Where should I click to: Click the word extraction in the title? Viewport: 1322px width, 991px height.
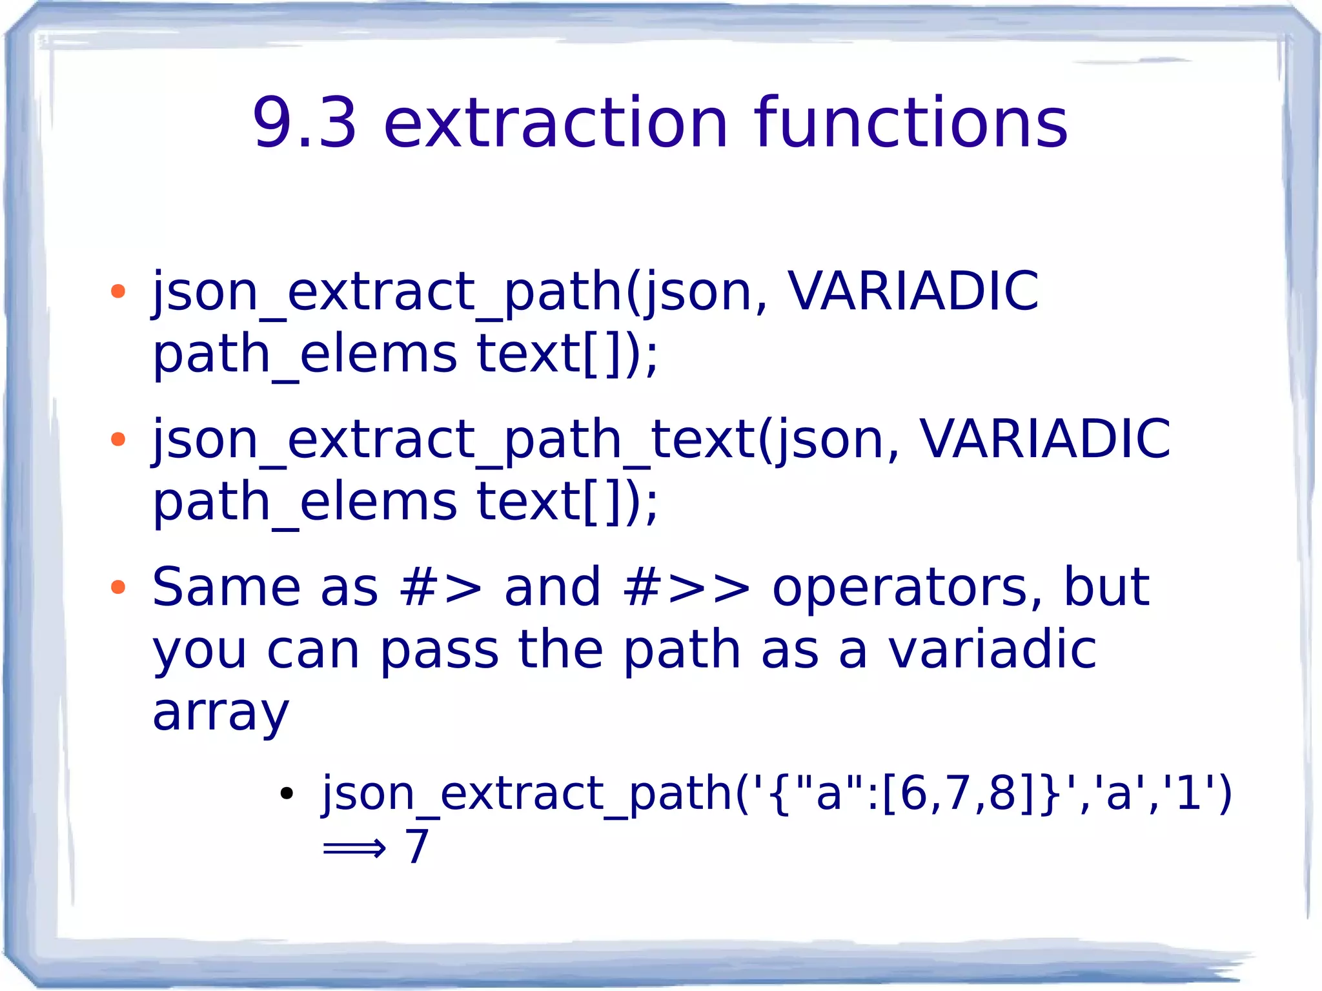[x=556, y=123]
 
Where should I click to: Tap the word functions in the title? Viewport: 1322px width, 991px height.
[x=911, y=123]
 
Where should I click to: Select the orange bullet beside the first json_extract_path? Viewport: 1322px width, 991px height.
[x=117, y=292]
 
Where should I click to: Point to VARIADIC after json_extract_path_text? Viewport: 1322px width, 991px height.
[x=1044, y=440]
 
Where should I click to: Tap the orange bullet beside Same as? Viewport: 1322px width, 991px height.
[x=117, y=587]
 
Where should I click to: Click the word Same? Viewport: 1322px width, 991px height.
[x=226, y=587]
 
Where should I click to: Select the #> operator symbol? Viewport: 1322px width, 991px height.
[x=441, y=588]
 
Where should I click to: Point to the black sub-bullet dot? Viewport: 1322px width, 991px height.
[x=287, y=793]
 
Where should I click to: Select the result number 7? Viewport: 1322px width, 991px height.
[x=417, y=846]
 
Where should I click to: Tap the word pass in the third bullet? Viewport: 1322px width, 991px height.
[x=439, y=651]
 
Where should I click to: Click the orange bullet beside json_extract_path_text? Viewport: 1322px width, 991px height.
[x=117, y=440]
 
